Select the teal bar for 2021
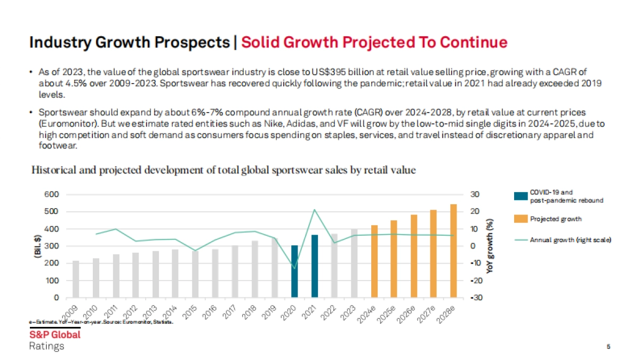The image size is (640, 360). click(x=315, y=266)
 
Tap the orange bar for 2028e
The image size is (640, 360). click(x=453, y=251)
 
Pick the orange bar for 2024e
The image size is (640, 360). click(x=374, y=261)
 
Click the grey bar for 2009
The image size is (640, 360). click(x=76, y=279)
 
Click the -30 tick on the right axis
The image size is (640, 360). click(x=476, y=298)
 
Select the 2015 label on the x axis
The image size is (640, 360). click(x=190, y=313)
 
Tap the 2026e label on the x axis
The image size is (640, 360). click(x=409, y=315)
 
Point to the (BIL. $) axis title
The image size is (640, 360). click(x=37, y=246)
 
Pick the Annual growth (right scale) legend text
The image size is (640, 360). click(x=570, y=240)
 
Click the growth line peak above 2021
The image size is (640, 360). click(x=315, y=210)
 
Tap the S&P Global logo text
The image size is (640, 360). click(x=55, y=335)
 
